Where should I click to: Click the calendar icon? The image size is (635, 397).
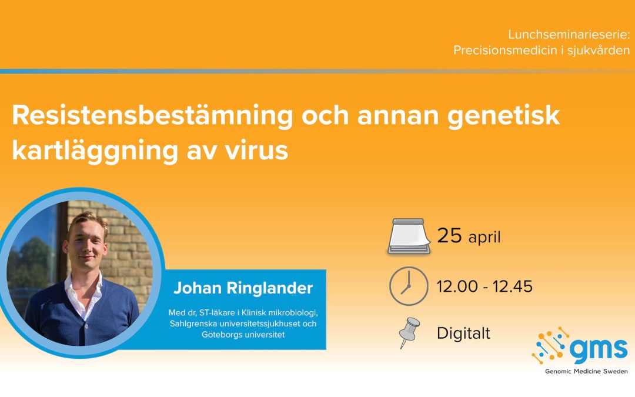409,236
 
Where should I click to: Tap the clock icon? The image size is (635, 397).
409,286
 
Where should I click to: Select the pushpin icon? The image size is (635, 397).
409,332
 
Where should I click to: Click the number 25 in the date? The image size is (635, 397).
450,235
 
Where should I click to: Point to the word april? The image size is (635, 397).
484,238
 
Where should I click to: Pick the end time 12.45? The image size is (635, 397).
512,287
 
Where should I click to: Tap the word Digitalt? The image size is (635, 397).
464,334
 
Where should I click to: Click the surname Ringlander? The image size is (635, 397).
269,288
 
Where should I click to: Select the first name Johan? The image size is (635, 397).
197,288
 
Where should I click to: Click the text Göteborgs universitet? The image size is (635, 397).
243,335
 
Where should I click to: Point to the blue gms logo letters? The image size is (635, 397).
599,349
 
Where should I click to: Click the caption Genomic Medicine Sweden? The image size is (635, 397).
586,371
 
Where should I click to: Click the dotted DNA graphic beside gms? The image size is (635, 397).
551,345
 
